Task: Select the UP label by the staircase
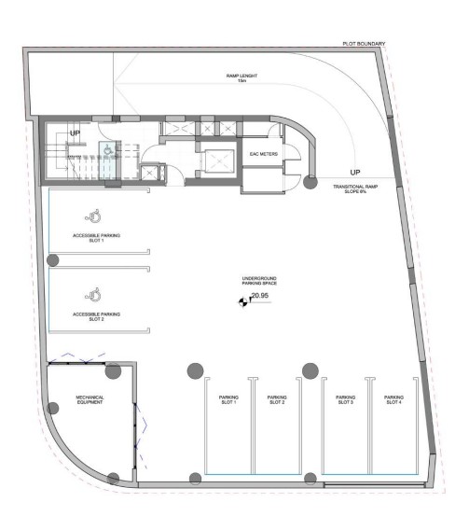point(73,134)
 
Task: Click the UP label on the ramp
point(354,173)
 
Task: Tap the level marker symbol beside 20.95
point(242,300)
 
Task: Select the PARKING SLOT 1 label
point(228,399)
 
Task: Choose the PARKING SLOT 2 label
point(277,399)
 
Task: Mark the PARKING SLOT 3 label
point(346,399)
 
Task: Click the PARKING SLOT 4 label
point(393,399)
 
